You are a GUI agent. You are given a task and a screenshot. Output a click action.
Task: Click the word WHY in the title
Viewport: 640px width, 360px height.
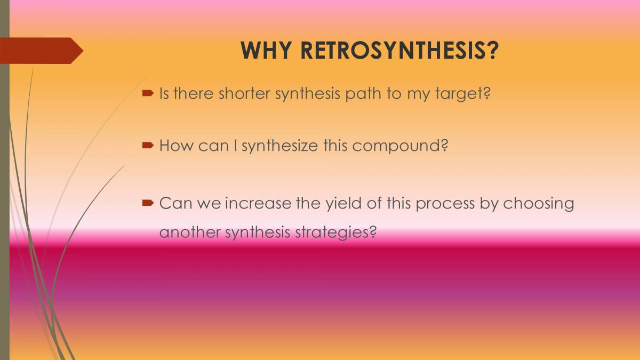[x=266, y=51]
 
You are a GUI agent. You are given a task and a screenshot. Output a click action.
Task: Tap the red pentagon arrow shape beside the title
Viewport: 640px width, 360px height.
[x=42, y=51]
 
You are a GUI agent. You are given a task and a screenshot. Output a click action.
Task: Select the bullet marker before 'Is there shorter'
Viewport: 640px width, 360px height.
[x=148, y=93]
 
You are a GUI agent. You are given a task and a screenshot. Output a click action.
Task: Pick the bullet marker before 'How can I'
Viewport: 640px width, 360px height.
[x=148, y=146]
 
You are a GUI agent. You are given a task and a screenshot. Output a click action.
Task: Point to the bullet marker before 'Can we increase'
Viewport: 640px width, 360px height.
[x=148, y=203]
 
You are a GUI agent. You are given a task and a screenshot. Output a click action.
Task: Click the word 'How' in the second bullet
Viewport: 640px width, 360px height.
[x=176, y=146]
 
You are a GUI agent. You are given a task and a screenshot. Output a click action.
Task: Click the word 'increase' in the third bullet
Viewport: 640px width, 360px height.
[x=258, y=203]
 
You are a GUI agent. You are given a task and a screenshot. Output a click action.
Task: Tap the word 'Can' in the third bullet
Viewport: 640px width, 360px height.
[x=175, y=203]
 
